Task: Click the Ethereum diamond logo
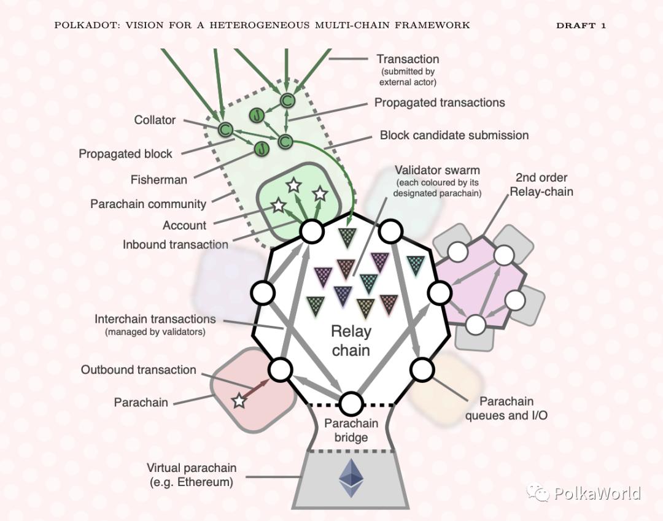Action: pos(351,478)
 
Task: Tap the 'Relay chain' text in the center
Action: pos(351,341)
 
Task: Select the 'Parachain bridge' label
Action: pos(351,430)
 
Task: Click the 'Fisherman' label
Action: pos(158,180)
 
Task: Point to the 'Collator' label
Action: pos(155,120)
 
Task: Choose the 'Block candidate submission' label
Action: pos(454,135)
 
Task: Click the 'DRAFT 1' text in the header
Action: pos(581,25)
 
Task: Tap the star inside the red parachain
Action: pos(239,401)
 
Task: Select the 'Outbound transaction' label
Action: pos(139,369)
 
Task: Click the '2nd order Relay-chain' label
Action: pos(541,185)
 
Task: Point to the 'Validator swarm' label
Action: pos(437,170)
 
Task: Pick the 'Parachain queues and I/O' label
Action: pos(506,408)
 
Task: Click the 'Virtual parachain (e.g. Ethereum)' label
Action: pos(191,475)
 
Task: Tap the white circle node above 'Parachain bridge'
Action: pos(351,404)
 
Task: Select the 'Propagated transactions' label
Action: pos(440,102)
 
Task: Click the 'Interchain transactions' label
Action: pos(155,319)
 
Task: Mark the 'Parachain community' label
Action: pos(149,204)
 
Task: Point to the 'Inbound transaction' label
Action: pos(176,245)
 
